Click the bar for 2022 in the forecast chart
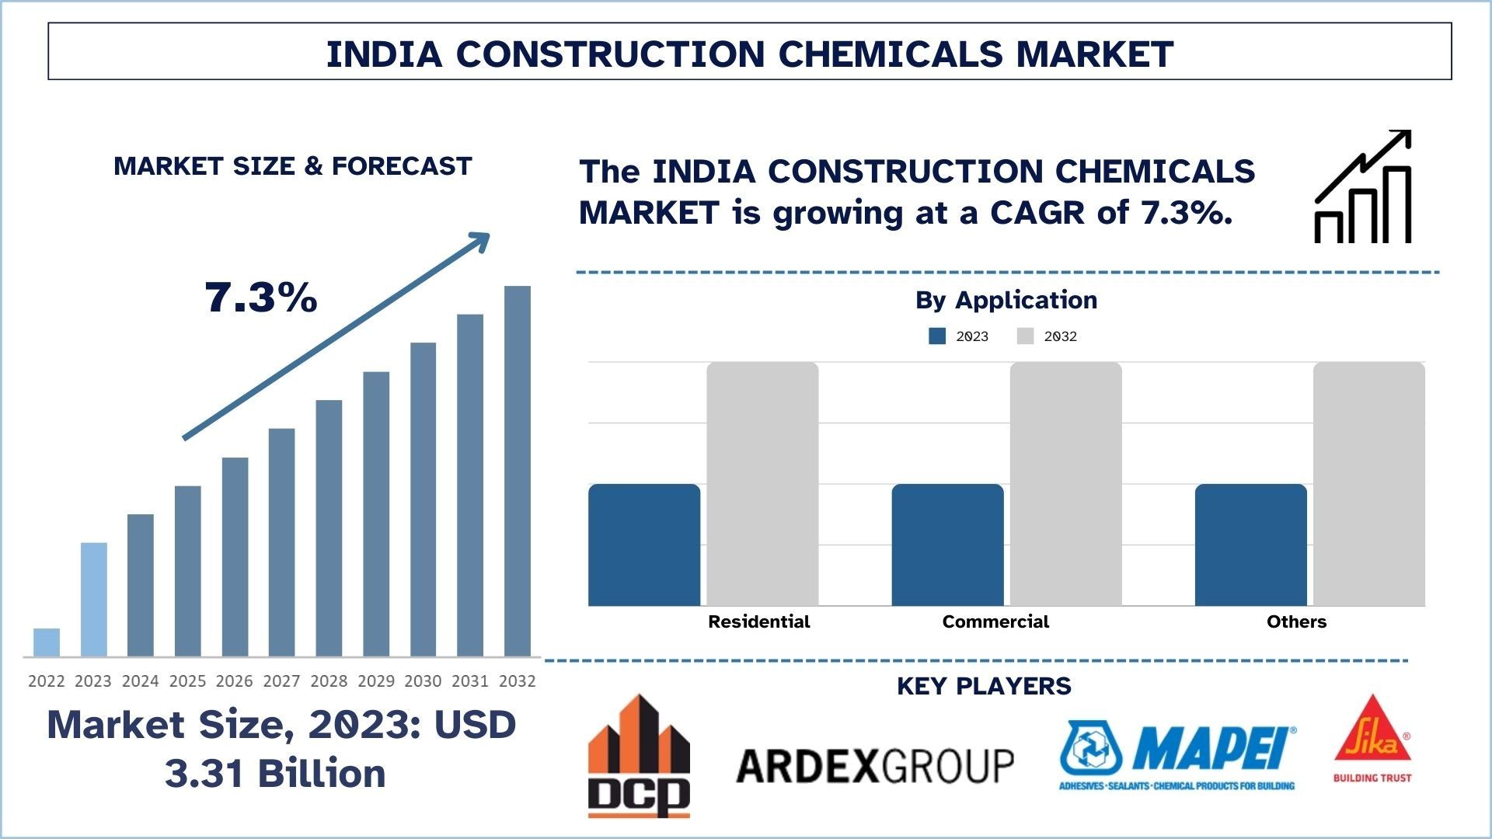[x=47, y=642]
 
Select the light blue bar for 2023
[x=94, y=600]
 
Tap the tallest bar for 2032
[x=518, y=472]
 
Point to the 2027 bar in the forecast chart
[x=282, y=542]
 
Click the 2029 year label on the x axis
[x=376, y=681]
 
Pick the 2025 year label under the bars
[x=187, y=681]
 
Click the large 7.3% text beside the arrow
[x=261, y=298]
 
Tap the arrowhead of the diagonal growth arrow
[x=481, y=241]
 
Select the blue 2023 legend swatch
[x=937, y=336]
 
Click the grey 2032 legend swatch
[x=1025, y=336]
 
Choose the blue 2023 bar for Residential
[x=644, y=545]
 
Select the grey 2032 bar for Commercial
[x=1065, y=484]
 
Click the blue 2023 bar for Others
[x=1250, y=545]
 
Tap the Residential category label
[x=758, y=621]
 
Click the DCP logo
[x=639, y=756]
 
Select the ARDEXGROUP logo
[x=875, y=766]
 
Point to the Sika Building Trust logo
[x=1372, y=739]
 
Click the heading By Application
[x=1006, y=300]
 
